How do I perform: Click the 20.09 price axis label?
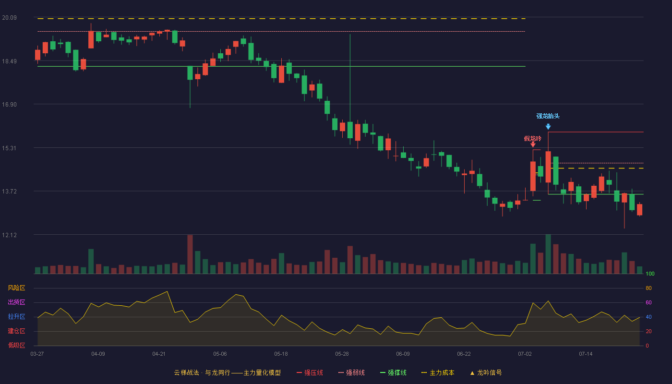click(x=9, y=18)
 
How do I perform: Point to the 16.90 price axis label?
click(x=9, y=105)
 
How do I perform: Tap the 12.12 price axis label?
click(x=9, y=235)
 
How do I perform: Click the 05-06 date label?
click(x=220, y=354)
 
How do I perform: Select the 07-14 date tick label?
click(x=586, y=354)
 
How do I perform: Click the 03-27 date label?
click(x=37, y=354)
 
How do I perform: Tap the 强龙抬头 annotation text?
click(x=548, y=116)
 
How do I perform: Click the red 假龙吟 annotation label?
click(x=532, y=139)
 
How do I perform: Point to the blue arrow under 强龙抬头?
click(x=548, y=127)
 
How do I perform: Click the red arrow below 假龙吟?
click(x=533, y=144)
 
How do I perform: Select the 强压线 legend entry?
click(x=310, y=372)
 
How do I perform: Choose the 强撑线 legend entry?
click(x=393, y=372)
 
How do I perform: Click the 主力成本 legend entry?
click(x=438, y=372)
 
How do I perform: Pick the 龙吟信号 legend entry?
click(x=486, y=372)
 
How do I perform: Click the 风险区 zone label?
click(x=16, y=288)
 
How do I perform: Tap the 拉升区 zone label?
click(x=16, y=316)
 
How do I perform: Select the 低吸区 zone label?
click(x=16, y=345)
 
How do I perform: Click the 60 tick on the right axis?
click(x=648, y=302)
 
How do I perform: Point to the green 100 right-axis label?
click(x=650, y=274)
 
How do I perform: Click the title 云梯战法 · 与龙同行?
click(x=202, y=372)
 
